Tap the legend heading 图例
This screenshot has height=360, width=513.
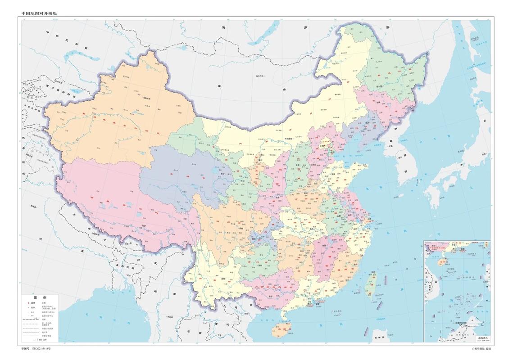[x=41, y=298]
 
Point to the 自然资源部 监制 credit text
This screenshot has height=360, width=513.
[x=481, y=349]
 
